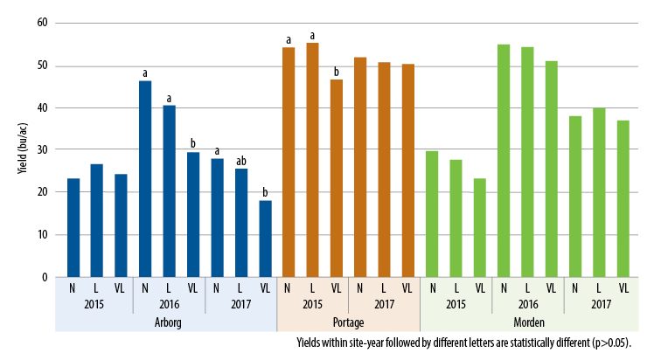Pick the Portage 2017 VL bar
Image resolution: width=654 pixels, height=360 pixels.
coord(407,170)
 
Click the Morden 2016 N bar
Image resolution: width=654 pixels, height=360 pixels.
coord(504,161)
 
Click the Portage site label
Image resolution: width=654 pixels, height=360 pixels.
coord(348,322)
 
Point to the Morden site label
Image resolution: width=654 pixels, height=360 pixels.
coord(527,322)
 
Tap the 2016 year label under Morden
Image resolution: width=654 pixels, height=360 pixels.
coord(527,303)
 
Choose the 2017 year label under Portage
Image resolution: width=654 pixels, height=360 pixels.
coord(384,303)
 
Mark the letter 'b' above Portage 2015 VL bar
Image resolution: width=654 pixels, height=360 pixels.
coord(337,72)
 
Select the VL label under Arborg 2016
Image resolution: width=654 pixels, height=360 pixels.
coord(193,287)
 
